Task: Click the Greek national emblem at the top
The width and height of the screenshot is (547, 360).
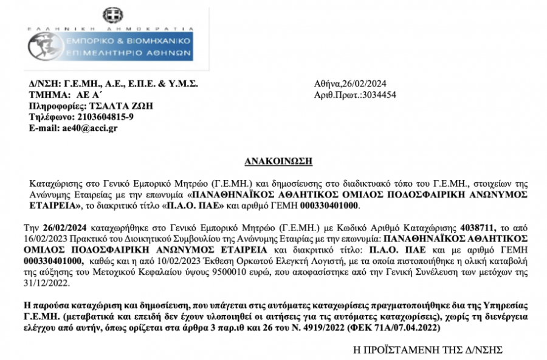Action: tap(111, 15)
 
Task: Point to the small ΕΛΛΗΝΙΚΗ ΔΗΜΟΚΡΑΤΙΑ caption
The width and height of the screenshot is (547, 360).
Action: tap(111, 29)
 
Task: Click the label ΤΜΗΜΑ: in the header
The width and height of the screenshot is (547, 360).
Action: tap(47, 95)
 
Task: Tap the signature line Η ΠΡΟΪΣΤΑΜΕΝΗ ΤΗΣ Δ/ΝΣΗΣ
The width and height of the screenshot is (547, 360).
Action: tap(428, 351)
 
